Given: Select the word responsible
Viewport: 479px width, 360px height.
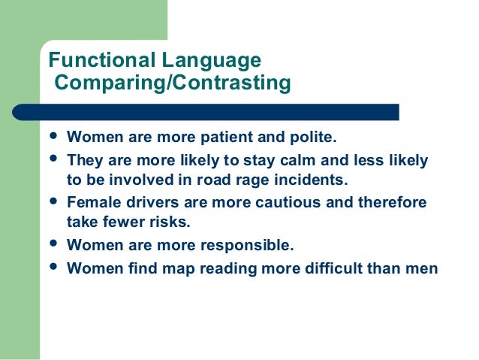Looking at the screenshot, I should (x=248, y=245).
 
